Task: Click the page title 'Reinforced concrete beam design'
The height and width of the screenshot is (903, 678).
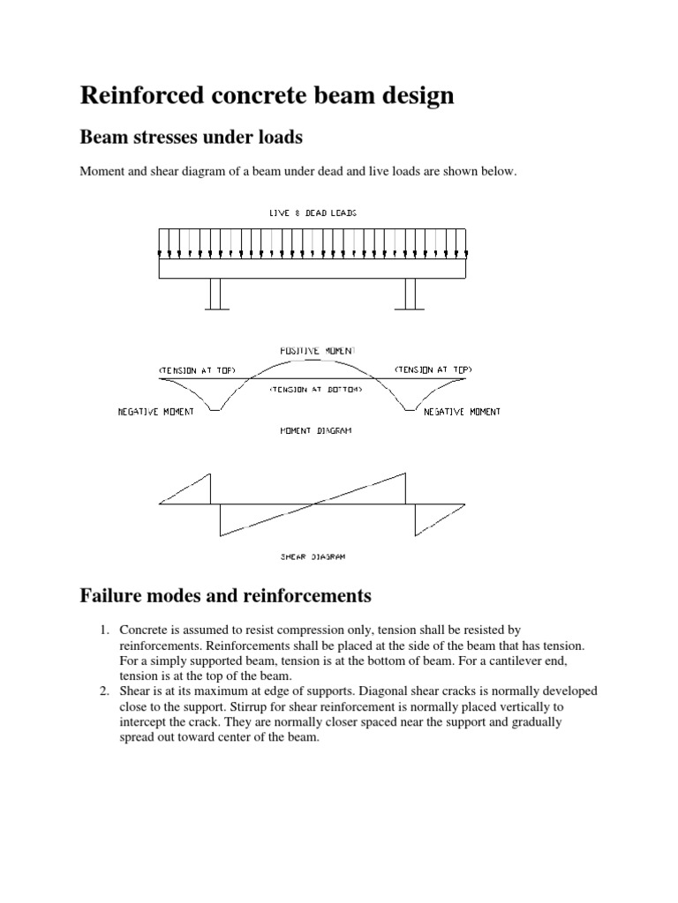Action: coord(267,95)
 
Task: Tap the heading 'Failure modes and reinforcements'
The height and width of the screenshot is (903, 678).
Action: coord(225,596)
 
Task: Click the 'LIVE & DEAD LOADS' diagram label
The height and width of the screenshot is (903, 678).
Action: coord(313,213)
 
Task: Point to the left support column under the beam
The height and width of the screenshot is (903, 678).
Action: coord(216,294)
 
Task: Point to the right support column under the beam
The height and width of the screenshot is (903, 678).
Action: coord(410,294)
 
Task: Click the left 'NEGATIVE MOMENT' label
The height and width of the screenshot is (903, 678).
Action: coord(156,412)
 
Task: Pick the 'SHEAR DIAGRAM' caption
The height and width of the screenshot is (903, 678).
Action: coord(313,556)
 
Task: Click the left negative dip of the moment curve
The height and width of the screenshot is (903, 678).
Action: coord(216,409)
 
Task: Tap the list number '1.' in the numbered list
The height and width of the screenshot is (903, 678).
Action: coord(103,630)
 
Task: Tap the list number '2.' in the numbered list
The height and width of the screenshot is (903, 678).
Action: coord(103,690)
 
